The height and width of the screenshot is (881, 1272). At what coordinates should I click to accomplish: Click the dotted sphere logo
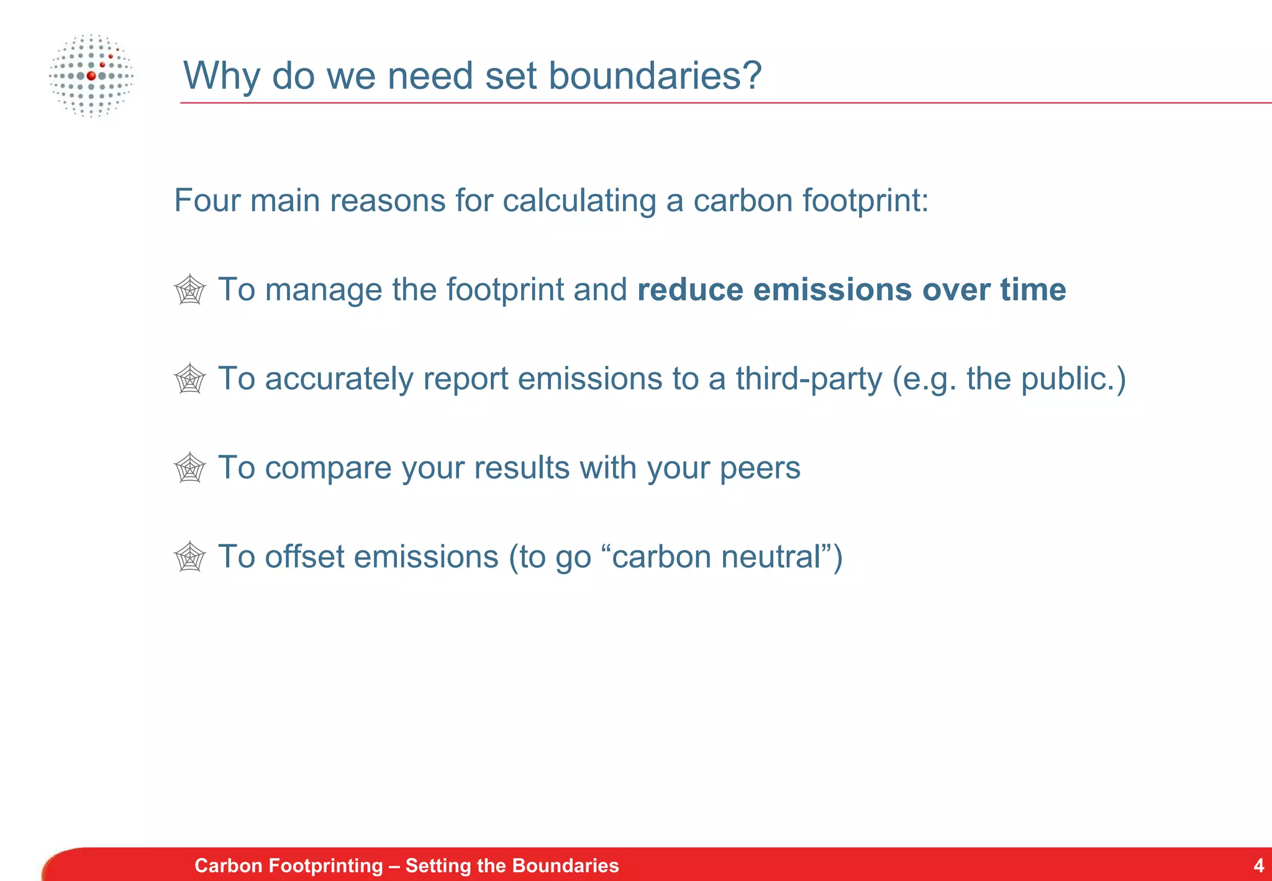91,76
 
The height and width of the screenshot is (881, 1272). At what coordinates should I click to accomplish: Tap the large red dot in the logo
91,76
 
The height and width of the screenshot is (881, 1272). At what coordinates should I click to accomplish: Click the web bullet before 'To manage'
189,290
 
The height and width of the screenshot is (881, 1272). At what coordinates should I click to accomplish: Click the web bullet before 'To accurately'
189,379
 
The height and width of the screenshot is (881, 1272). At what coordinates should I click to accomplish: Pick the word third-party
809,379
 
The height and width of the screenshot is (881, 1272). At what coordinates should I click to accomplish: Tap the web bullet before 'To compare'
189,468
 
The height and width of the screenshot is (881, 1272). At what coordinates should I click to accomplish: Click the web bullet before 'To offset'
189,557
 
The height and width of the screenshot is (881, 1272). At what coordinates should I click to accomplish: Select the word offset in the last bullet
304,557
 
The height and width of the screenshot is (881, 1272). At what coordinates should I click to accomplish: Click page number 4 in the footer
1258,865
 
